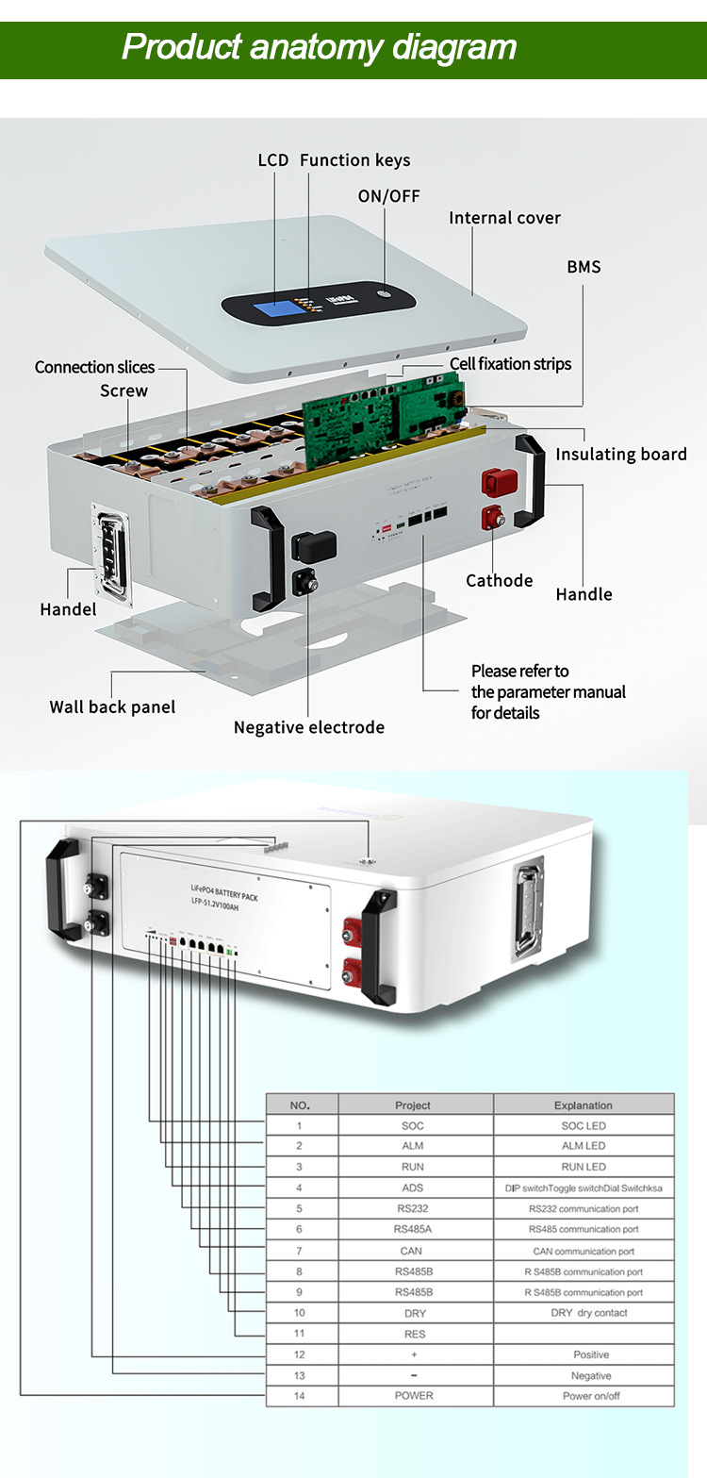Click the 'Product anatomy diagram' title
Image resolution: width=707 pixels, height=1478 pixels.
[x=319, y=47]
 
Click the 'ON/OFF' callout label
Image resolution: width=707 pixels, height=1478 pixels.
[x=388, y=196]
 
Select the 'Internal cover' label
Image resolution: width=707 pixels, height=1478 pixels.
[x=504, y=218]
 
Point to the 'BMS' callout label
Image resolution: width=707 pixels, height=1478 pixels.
[x=584, y=267]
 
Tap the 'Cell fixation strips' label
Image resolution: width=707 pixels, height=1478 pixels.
[x=510, y=364]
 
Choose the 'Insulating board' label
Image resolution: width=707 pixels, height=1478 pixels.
[x=620, y=455]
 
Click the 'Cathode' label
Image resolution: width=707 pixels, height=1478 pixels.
[x=499, y=581]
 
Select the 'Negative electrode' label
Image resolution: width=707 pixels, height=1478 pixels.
[x=308, y=727]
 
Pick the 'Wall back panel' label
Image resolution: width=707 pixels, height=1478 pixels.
[x=112, y=706]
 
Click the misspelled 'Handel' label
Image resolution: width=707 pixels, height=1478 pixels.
[x=68, y=609]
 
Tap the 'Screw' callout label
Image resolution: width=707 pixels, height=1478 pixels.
[x=123, y=390]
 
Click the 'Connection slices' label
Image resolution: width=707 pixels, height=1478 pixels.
[x=94, y=367]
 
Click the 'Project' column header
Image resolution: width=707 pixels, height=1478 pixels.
[x=413, y=1104]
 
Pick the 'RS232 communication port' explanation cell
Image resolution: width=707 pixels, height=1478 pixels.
[x=584, y=1208]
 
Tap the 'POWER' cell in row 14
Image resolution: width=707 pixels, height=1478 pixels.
[x=413, y=1396]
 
